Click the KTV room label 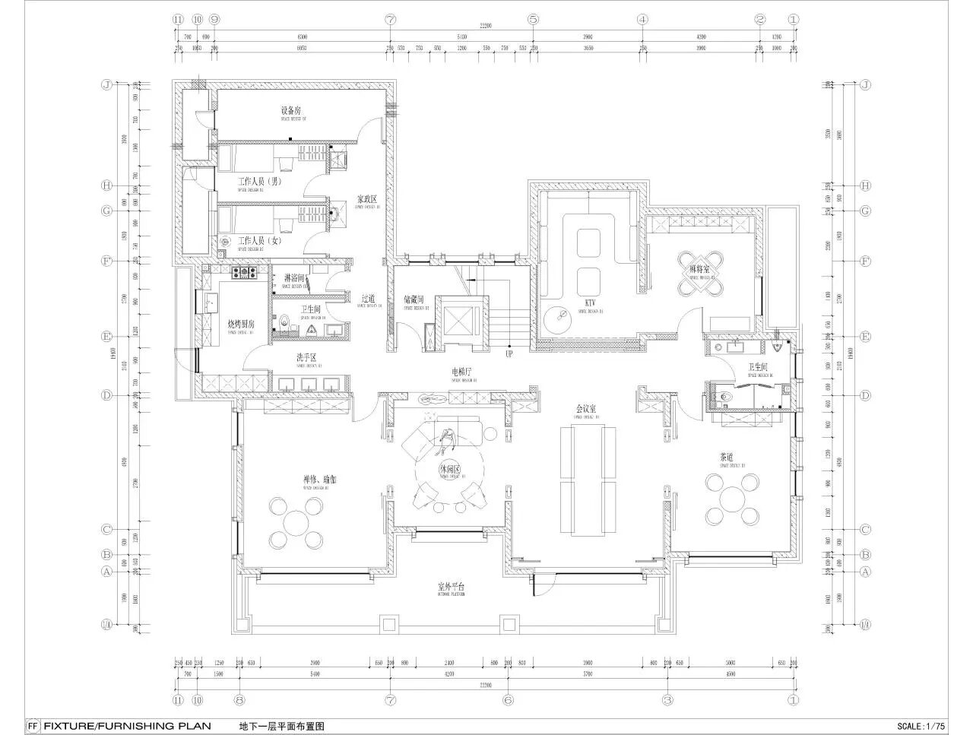pyautogui.click(x=589, y=303)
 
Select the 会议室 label pyautogui.click(x=585, y=409)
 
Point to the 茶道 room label pyautogui.click(x=727, y=458)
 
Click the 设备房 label pyautogui.click(x=292, y=111)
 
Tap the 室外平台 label pyautogui.click(x=451, y=587)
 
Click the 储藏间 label pyautogui.click(x=414, y=300)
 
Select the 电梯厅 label pyautogui.click(x=461, y=372)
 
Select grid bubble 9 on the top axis pyautogui.click(x=215, y=19)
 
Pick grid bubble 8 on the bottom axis pyautogui.click(x=239, y=700)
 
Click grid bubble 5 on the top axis pyautogui.click(x=533, y=19)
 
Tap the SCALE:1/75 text pyautogui.click(x=921, y=726)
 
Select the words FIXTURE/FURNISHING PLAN pyautogui.click(x=126, y=726)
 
